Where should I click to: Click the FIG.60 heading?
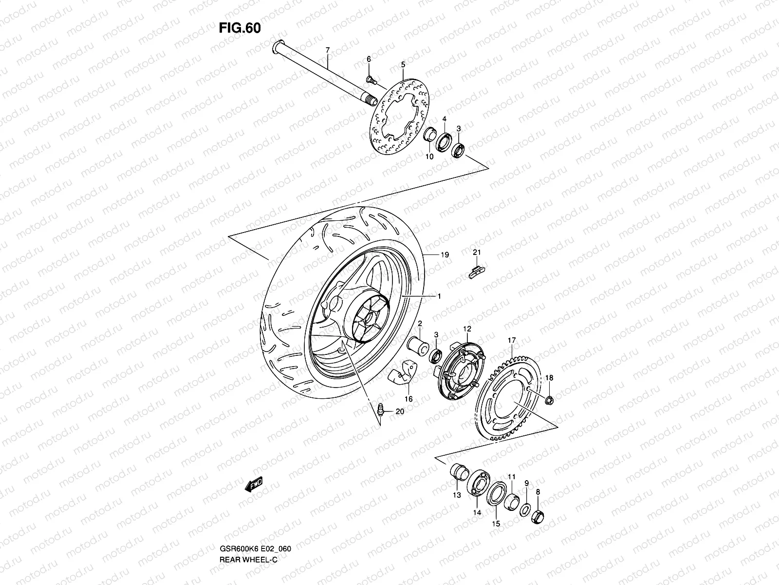click(240, 28)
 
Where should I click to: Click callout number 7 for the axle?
click(327, 50)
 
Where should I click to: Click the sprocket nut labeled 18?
click(549, 401)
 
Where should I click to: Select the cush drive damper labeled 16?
click(400, 376)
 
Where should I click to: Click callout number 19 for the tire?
click(445, 254)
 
